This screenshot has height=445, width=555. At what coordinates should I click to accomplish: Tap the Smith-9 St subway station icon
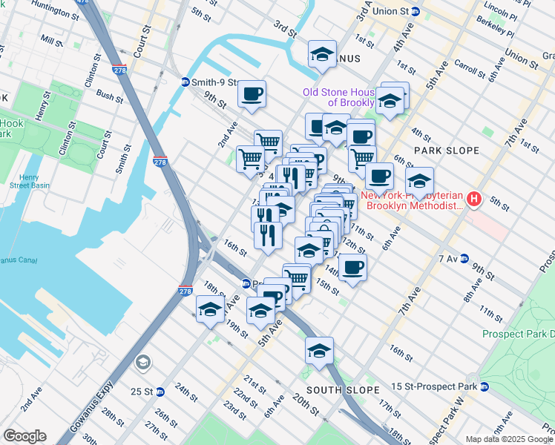pyautogui.click(x=185, y=82)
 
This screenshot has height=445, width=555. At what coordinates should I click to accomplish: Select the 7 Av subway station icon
pyautogui.click(x=464, y=258)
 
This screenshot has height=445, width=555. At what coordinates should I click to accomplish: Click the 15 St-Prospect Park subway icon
pyautogui.click(x=485, y=386)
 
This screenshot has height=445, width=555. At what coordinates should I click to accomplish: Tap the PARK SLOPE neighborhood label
pyautogui.click(x=447, y=151)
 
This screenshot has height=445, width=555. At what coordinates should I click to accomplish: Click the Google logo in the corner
pyautogui.click(x=24, y=436)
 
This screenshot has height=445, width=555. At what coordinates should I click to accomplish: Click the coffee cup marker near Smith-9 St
pyautogui.click(x=252, y=94)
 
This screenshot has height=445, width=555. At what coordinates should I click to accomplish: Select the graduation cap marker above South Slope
pyautogui.click(x=320, y=350)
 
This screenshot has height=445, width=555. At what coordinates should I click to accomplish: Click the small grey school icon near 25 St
pyautogui.click(x=142, y=363)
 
